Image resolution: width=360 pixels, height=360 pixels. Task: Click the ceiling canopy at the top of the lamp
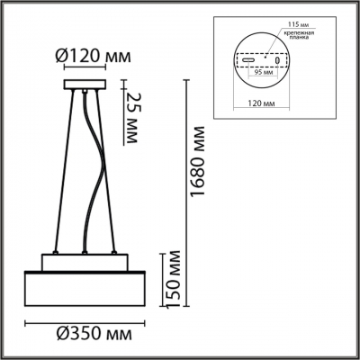point(85,86)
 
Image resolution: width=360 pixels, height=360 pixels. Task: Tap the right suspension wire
point(114,171)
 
